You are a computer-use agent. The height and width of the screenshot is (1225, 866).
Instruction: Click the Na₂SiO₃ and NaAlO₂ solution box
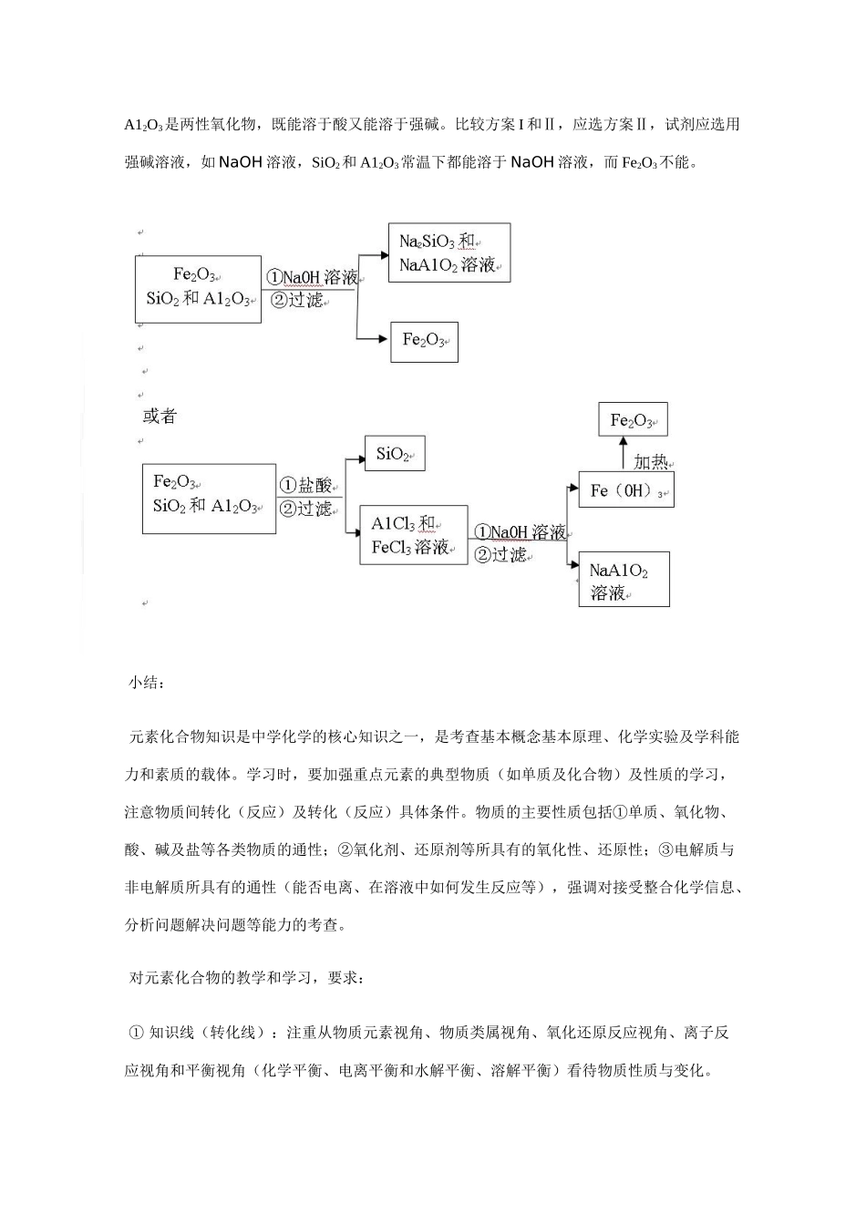(x=448, y=253)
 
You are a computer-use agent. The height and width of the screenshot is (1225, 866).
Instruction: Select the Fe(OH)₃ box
(x=625, y=490)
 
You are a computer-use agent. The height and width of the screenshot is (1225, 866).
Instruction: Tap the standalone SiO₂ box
(x=394, y=454)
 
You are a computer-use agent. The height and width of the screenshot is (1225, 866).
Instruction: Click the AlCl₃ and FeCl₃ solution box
(x=413, y=535)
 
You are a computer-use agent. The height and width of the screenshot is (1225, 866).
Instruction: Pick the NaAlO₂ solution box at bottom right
(x=624, y=580)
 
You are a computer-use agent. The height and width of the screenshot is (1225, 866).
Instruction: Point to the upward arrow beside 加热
(x=624, y=453)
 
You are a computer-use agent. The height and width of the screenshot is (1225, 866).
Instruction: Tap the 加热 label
(x=651, y=462)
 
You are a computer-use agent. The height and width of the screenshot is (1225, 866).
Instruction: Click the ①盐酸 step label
(x=306, y=485)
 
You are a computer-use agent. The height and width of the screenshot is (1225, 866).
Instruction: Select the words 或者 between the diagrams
(x=160, y=417)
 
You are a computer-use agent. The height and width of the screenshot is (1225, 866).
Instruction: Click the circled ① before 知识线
(x=136, y=1033)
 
